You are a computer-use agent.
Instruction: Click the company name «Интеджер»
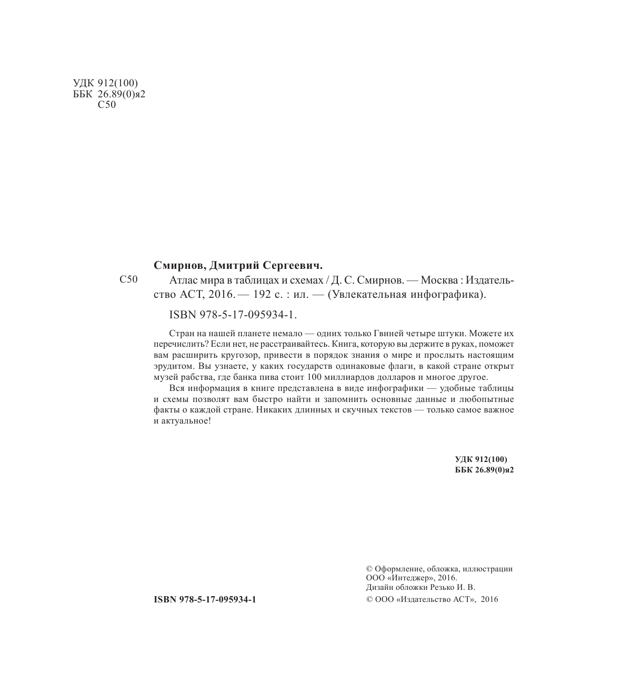[412, 578]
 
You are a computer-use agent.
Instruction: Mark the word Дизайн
[380, 587]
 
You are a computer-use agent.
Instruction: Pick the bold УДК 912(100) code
[480, 459]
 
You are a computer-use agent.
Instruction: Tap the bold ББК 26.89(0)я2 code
[484, 469]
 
